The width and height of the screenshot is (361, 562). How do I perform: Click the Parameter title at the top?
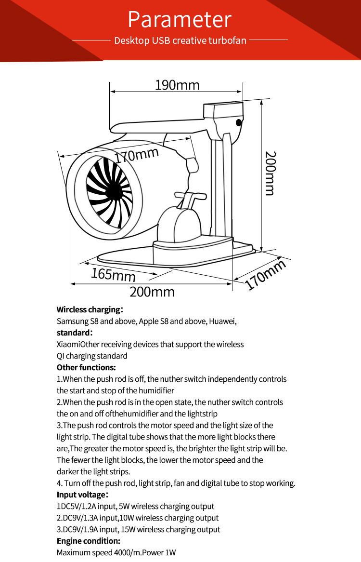tap(180, 19)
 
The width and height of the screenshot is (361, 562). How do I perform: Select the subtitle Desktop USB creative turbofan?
tap(180, 40)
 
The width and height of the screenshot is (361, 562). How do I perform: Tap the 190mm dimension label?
tap(177, 85)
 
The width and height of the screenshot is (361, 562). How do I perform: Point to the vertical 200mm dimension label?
tap(271, 173)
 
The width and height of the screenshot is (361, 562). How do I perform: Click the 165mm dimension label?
tap(113, 274)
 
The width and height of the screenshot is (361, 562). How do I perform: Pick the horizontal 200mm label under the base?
tap(152, 292)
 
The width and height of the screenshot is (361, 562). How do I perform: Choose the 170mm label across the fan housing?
tap(137, 155)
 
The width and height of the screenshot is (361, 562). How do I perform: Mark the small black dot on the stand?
tap(239, 122)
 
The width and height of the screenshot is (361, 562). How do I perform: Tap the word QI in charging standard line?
tap(60, 356)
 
